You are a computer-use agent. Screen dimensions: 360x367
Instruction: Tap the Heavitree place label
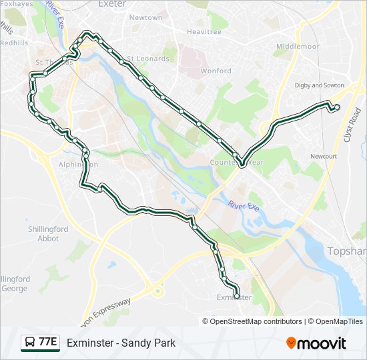coord(204,31)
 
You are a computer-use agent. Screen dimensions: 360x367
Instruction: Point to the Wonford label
coord(216,71)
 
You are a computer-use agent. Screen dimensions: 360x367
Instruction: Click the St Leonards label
coord(148,59)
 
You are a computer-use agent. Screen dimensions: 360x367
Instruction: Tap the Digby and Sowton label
coord(319,85)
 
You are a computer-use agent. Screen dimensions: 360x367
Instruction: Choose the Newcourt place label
coord(324,156)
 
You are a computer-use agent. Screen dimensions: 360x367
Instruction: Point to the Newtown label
coord(145,18)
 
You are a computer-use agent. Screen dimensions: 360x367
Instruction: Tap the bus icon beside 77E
coord(30,343)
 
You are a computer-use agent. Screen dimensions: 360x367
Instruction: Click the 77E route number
coord(47,343)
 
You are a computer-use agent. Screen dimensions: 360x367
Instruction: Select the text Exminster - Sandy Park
coord(121,343)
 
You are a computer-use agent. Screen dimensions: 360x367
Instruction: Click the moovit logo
coord(316,343)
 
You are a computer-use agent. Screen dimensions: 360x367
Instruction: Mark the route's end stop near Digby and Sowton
coord(337,107)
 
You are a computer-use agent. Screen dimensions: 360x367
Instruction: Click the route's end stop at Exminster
coord(237,295)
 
